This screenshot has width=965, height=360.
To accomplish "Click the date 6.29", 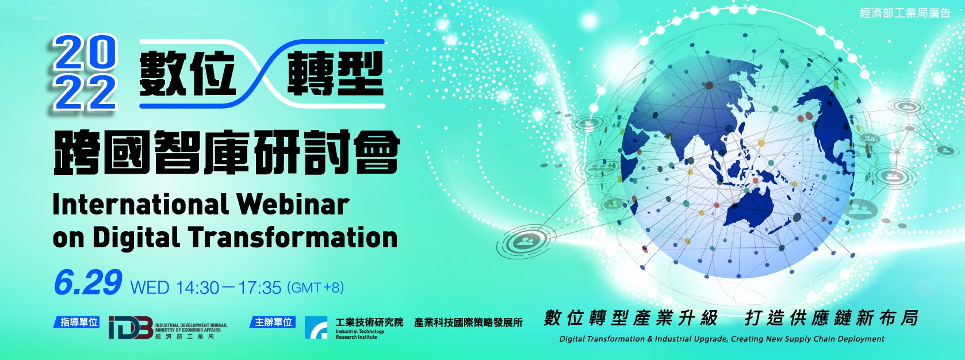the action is [87, 283].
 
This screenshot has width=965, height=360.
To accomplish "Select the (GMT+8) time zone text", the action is [315, 287].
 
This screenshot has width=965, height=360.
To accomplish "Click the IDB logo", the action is [131, 328].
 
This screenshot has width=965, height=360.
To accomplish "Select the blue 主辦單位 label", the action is [273, 321].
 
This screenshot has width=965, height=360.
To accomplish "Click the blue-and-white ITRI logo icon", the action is [316, 328].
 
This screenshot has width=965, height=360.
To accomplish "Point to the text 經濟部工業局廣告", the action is [904, 13].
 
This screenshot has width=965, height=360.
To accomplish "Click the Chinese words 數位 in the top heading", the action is [187, 74].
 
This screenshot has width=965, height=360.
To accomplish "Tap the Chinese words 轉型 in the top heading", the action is [335, 74].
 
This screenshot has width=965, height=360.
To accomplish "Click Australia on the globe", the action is [750, 209].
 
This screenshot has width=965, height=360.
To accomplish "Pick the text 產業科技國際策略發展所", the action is [468, 323].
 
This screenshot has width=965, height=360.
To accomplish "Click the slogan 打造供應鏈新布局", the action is [831, 318].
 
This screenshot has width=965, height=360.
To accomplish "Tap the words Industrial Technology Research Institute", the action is [360, 334].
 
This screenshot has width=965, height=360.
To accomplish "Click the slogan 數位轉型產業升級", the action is [630, 318].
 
